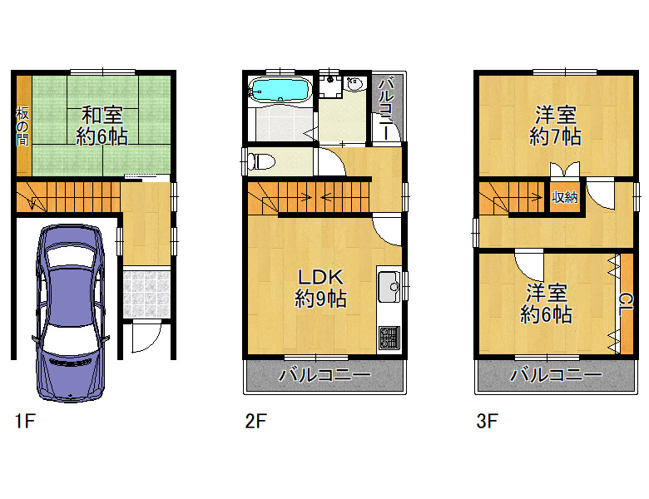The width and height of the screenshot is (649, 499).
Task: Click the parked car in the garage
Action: (71, 314)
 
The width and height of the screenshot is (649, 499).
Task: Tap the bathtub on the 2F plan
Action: (280, 90)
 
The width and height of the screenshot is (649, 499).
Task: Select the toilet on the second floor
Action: (260, 161)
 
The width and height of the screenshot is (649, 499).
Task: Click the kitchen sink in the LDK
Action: (389, 287)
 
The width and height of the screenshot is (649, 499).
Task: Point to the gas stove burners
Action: (389, 337)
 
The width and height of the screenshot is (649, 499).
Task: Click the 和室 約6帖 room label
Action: (102, 126)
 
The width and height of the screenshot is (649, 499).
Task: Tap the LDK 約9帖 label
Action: (321, 288)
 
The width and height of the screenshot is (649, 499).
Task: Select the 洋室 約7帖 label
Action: (556, 126)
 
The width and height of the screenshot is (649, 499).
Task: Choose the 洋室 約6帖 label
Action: (546, 304)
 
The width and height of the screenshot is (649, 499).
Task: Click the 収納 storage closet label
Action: (565, 197)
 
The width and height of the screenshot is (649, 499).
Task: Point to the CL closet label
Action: (626, 304)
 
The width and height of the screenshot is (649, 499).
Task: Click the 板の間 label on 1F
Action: (22, 126)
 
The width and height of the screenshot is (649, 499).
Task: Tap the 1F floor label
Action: (25, 421)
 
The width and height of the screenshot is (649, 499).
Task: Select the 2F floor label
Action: (255, 421)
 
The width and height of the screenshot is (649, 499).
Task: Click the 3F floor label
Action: (487, 421)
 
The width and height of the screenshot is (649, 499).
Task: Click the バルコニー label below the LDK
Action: (324, 375)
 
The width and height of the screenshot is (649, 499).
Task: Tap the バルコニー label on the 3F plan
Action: (556, 375)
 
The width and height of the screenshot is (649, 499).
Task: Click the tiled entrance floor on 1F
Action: (146, 294)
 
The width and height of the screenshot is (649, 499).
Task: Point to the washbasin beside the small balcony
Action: (354, 84)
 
